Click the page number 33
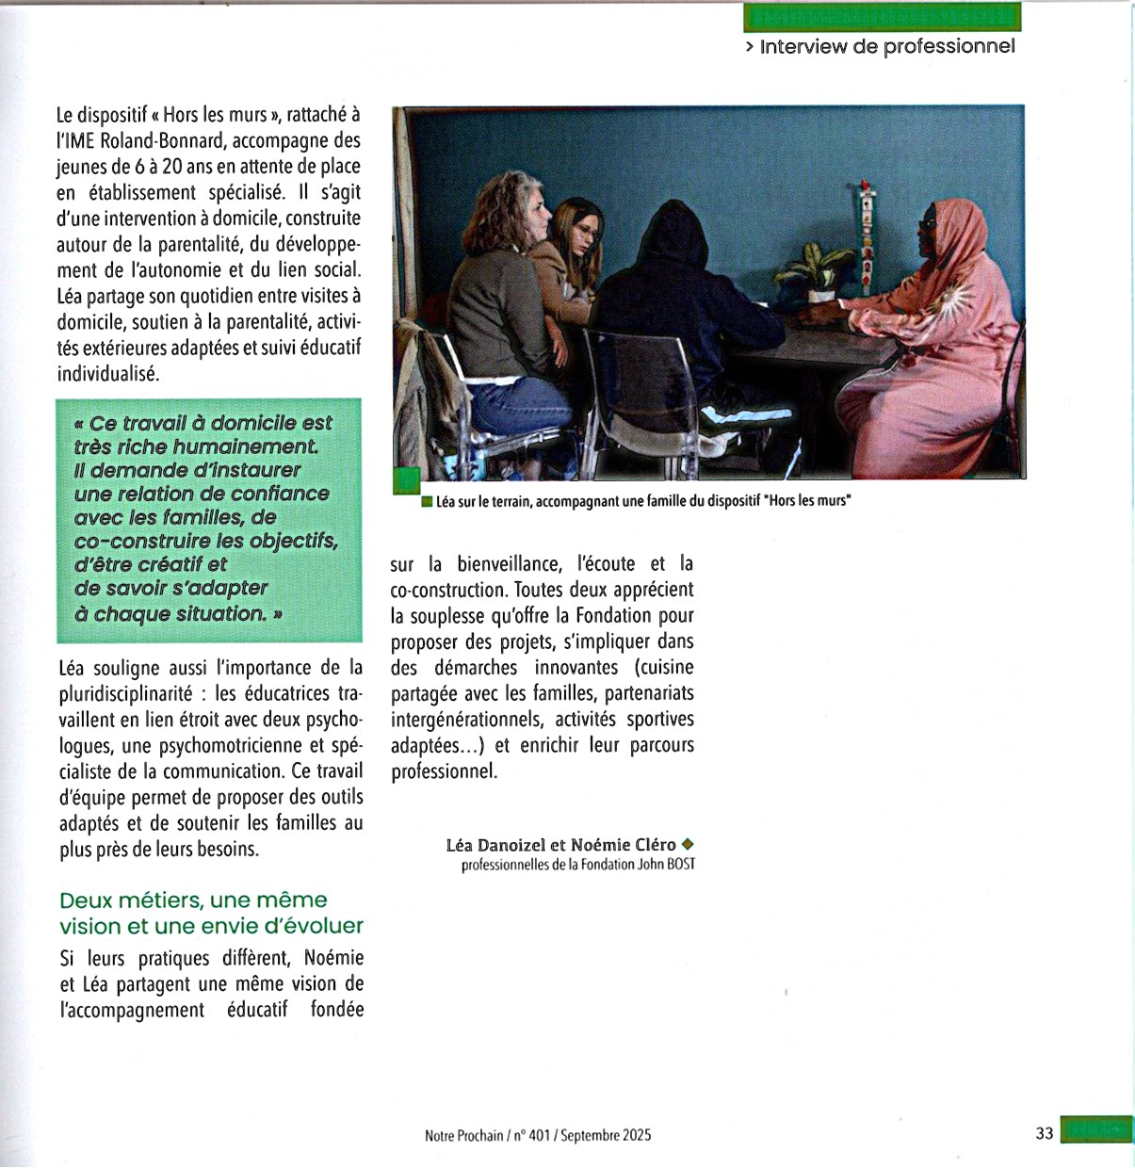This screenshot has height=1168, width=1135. coord(1044,1133)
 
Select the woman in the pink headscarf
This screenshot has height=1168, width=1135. coord(932,320)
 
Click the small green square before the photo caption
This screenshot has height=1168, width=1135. coord(427,501)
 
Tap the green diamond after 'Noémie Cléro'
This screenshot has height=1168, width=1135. coord(687,844)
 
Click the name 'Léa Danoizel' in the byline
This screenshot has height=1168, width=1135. coord(495,845)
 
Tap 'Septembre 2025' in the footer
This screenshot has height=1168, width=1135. coord(605,1135)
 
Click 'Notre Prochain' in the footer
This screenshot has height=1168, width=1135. coord(463,1135)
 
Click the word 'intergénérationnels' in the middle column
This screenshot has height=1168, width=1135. coord(466,720)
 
